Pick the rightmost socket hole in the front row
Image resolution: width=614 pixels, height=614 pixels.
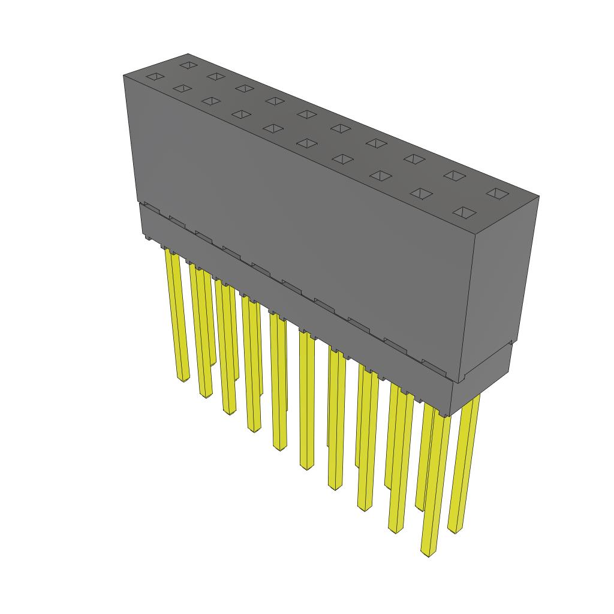465,212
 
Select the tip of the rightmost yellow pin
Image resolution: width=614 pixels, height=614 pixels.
455,530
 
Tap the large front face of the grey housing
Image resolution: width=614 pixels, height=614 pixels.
300,228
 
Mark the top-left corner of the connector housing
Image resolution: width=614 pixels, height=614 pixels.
124,76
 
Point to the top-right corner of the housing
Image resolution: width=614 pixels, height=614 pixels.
538,197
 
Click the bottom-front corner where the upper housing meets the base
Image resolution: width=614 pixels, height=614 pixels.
461,382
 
